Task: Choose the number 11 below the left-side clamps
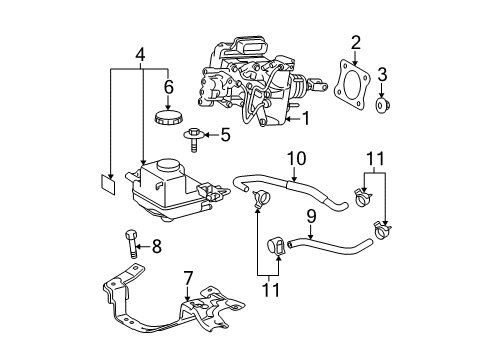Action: (x=265, y=291)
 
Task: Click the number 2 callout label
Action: (x=355, y=41)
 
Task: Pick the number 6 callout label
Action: (x=167, y=87)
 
